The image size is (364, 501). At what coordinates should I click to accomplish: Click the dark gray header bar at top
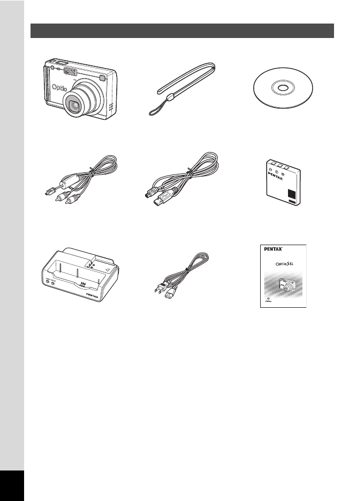182,31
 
